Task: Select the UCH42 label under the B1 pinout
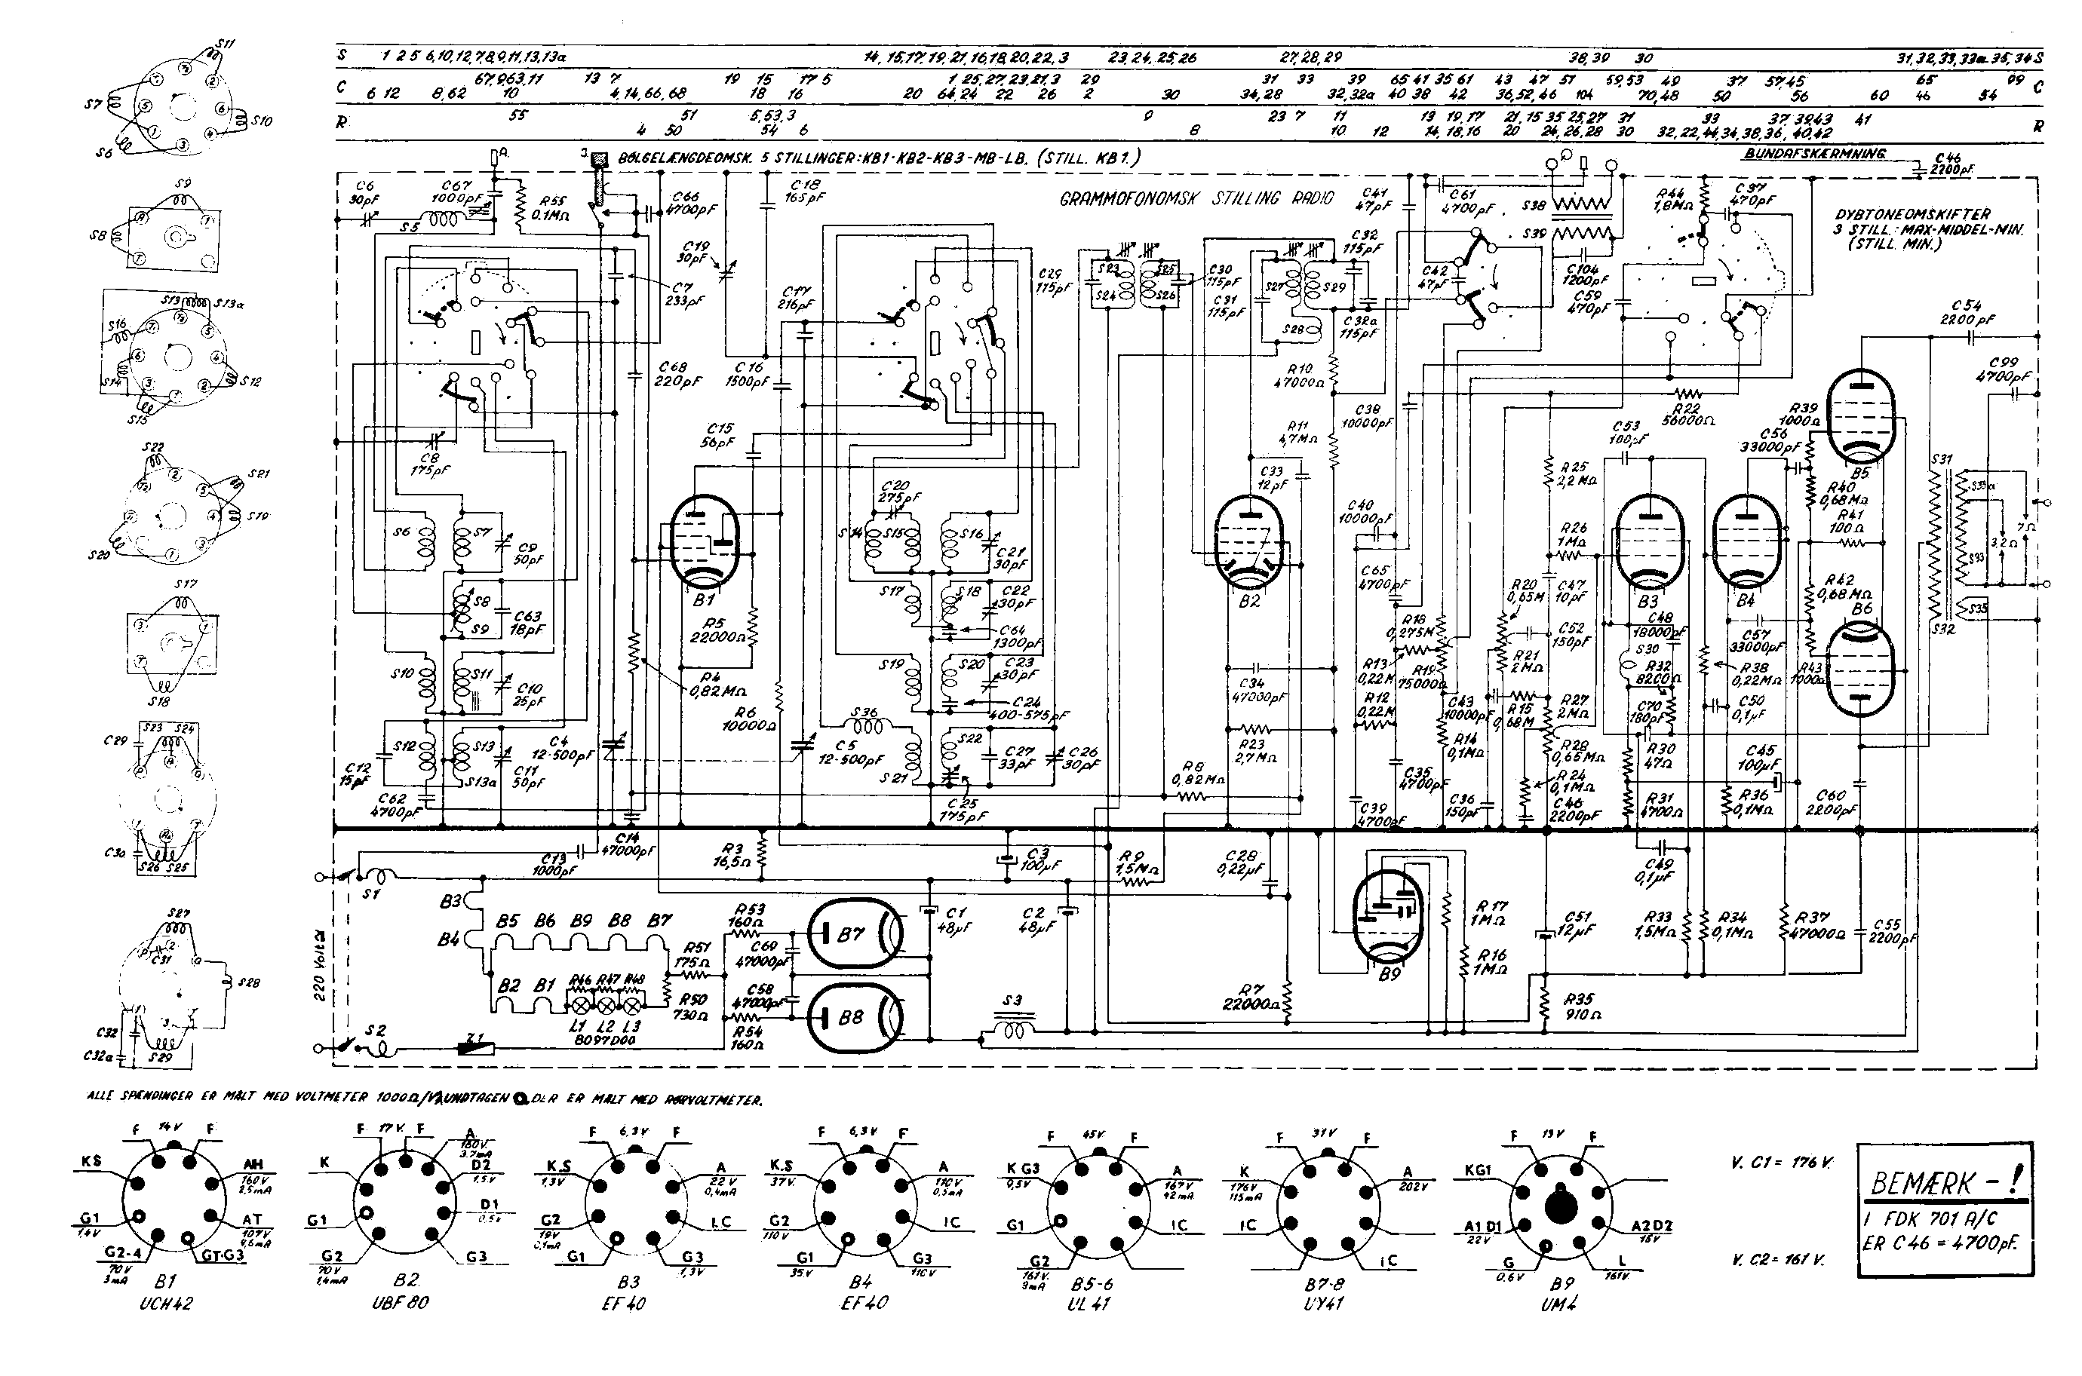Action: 166,1303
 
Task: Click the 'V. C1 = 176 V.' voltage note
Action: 1782,1163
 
